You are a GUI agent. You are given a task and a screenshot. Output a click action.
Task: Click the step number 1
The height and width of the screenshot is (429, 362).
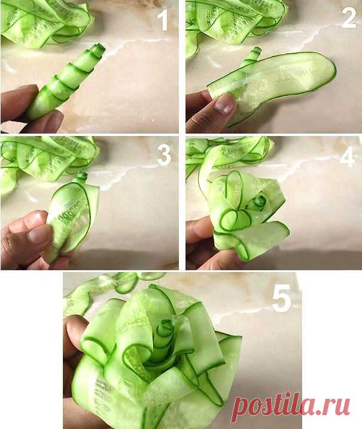pos(163,20)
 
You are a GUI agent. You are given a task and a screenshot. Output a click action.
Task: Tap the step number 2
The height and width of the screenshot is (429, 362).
pos(349,17)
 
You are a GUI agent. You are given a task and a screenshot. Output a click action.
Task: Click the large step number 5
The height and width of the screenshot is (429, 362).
pos(282,298)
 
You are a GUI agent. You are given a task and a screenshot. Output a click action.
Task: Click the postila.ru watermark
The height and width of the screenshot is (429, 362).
pos(291,407)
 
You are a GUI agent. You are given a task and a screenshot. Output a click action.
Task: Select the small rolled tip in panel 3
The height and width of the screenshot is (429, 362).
pos(81,176)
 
